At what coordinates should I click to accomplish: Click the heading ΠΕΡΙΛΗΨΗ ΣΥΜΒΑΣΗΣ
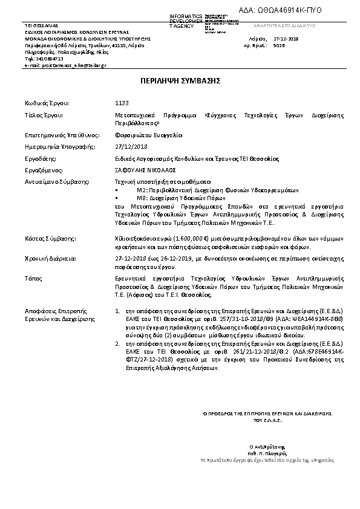pos(180,80)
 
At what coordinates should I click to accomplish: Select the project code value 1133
pos(122,103)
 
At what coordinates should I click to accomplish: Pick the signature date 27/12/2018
pos(130,146)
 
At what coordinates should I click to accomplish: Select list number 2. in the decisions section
pos(118,343)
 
